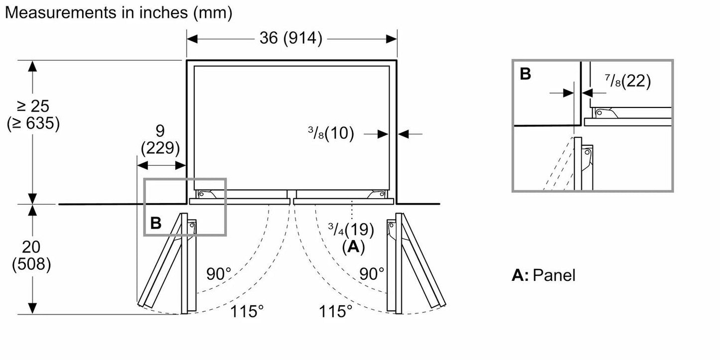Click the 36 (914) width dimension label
tap(290, 38)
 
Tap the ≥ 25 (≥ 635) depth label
tap(33, 115)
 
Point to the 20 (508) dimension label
tap(31, 255)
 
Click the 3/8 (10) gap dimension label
tap(331, 133)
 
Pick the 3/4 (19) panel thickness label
tap(351, 230)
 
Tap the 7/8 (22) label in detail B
tap(628, 81)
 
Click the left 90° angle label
tap(219, 274)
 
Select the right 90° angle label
tap(372, 274)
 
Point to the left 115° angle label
tap(247, 311)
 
